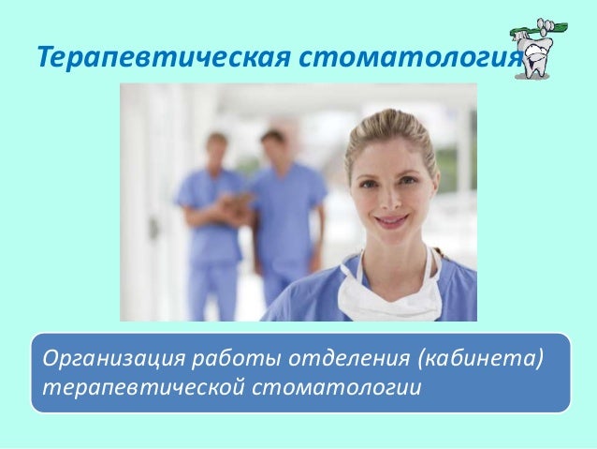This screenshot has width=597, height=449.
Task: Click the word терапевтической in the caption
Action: coord(137,386)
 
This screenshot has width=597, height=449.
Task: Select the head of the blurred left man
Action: coord(217,149)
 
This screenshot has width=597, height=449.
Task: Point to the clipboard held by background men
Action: coord(238,201)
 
